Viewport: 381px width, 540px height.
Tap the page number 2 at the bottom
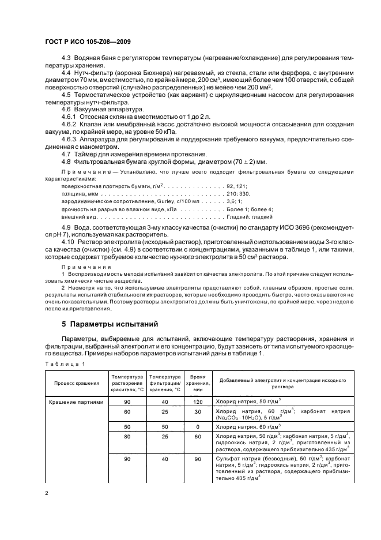(x=47, y=492)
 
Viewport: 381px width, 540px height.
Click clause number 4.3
(x=65, y=59)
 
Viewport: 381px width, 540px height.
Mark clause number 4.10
(x=67, y=243)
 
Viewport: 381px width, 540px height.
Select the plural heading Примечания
(x=82, y=268)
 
